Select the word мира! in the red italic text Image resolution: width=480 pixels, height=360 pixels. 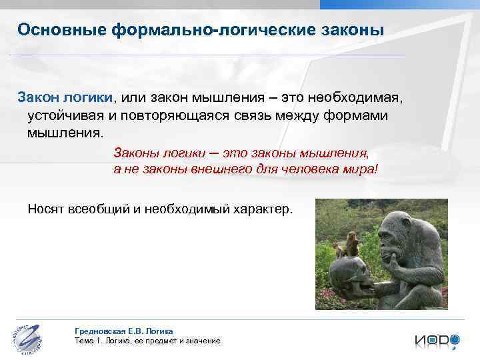click(x=360, y=169)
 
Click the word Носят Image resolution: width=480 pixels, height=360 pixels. click(x=45, y=209)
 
